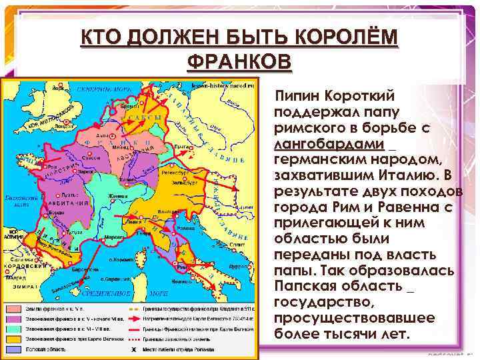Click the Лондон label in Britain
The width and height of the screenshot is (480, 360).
point(64,124)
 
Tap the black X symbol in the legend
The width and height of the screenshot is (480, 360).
point(136,349)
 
